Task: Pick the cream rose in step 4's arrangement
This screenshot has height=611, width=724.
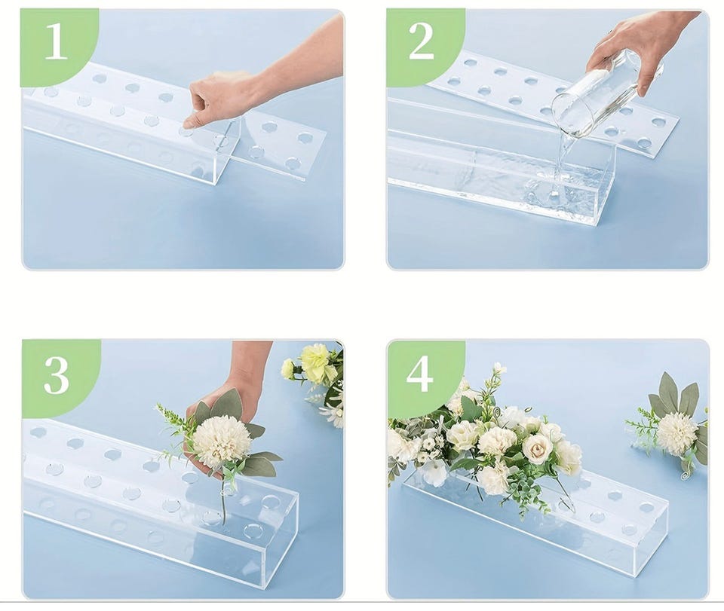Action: point(537,449)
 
